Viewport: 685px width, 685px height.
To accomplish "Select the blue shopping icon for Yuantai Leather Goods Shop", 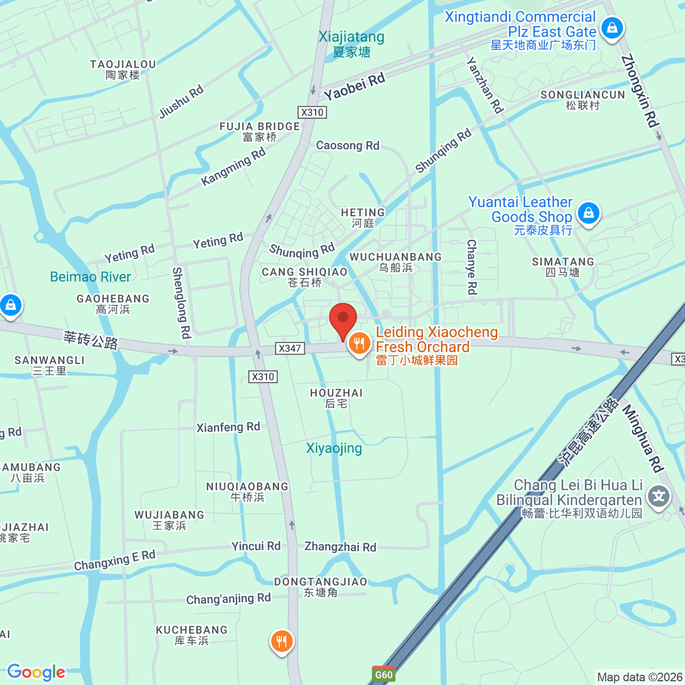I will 589,214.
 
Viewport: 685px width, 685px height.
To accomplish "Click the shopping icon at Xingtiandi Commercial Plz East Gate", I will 612,28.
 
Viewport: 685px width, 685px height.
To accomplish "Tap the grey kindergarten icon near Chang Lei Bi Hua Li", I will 659,495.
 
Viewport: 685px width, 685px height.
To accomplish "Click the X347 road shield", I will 289,348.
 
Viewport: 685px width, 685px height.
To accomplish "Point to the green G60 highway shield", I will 384,675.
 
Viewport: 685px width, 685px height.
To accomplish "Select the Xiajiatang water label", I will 352,44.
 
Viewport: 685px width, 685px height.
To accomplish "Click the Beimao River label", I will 90,277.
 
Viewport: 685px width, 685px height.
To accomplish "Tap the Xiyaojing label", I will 334,448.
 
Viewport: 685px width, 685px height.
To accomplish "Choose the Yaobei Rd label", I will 354,86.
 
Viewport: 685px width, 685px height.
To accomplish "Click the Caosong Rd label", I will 348,146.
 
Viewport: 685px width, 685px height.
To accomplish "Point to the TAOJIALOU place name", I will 123,70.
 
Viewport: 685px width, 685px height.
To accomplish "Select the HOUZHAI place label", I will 336,398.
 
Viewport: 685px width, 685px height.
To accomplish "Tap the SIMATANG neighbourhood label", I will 563,267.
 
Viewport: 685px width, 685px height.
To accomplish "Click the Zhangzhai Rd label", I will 340,547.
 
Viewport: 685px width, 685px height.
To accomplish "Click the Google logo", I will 36,672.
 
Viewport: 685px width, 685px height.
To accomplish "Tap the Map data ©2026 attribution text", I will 639,677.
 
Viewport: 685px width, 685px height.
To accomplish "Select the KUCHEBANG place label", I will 192,635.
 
